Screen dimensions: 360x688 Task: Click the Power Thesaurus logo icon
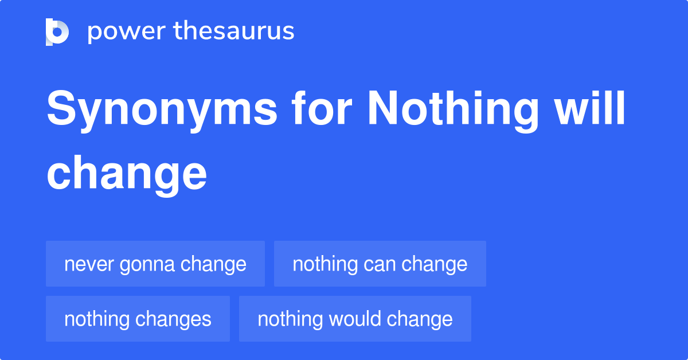57,32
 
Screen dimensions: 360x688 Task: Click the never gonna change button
155,264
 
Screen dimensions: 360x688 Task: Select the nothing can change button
380,264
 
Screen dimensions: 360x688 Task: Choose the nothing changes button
138,319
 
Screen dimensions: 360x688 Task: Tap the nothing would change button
355,319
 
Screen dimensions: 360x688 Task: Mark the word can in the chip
380,264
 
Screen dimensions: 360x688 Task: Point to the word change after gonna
213,264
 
